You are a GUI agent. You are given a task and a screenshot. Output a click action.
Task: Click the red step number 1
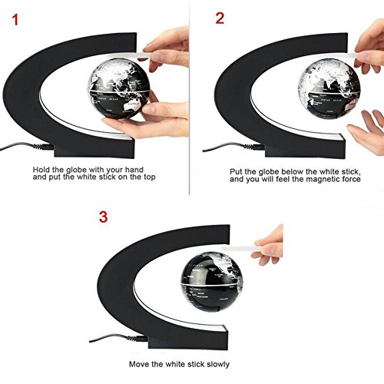tap(15, 20)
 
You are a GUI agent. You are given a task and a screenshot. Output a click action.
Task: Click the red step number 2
tap(220, 18)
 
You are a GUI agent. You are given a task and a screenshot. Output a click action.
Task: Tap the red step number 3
tap(104, 217)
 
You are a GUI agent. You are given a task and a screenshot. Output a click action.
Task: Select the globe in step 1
tap(118, 91)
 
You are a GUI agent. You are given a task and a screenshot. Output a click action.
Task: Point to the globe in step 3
tap(212, 281)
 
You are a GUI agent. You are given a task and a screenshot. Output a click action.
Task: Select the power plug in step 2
tap(254, 147)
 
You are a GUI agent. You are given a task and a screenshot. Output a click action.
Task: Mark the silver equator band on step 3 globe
tap(212, 283)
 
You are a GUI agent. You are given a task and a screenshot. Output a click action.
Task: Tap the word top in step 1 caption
tap(149, 177)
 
